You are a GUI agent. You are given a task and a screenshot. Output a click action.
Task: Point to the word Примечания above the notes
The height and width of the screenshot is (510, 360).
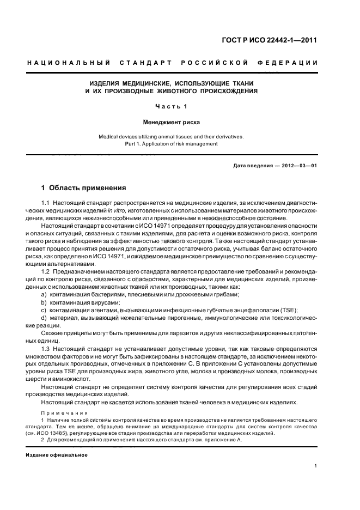click(60, 413)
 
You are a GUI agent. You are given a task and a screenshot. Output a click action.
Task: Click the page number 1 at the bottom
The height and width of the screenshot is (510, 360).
click(316, 466)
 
